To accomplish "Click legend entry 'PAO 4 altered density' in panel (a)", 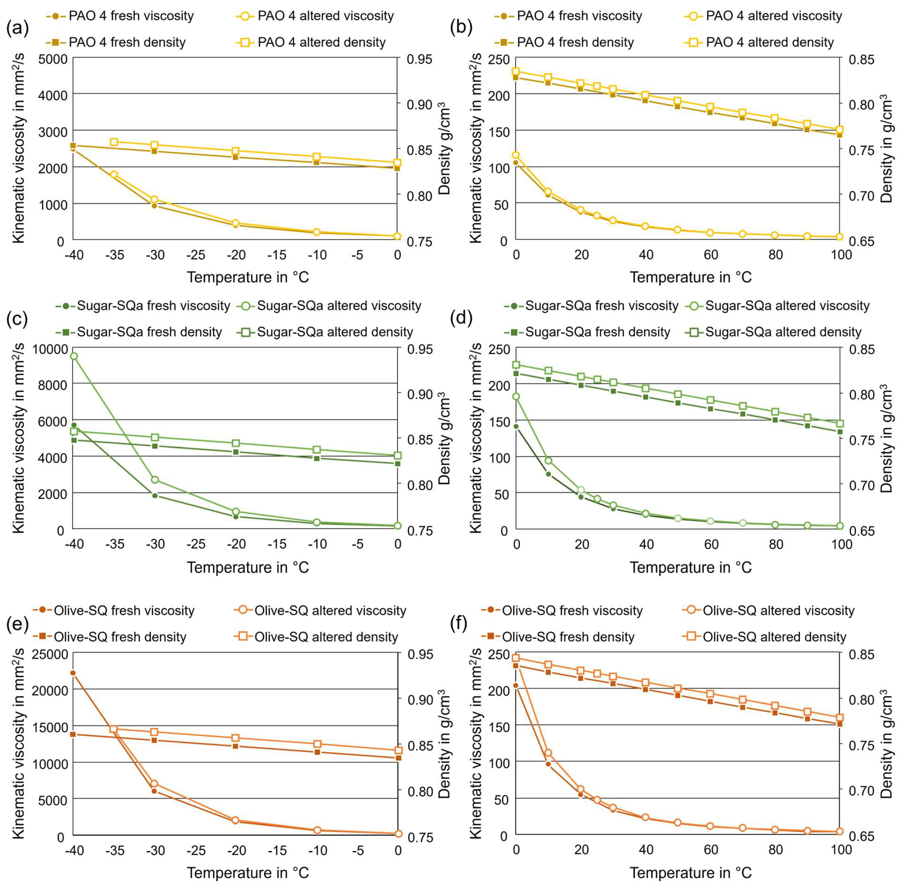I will [x=321, y=42].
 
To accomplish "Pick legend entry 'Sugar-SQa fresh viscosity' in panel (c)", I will [x=153, y=306].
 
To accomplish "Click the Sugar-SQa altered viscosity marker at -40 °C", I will [x=73, y=356].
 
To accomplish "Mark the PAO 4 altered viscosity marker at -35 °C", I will [x=114, y=174].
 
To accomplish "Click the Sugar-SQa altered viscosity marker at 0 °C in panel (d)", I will [x=516, y=396].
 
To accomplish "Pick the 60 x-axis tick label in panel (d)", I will [x=711, y=544].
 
